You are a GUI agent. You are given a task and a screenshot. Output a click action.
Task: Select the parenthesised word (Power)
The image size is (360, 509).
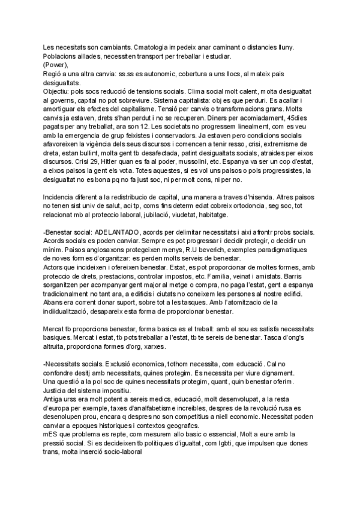click(56, 65)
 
